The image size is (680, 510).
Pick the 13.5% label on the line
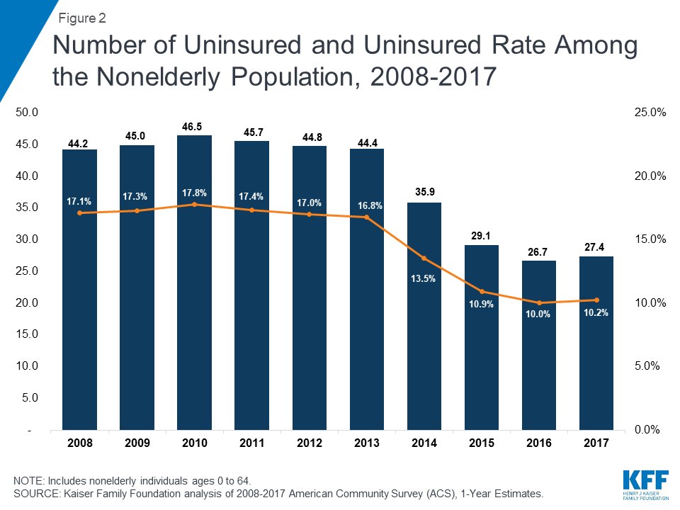[424, 279]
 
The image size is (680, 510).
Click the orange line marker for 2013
[366, 217]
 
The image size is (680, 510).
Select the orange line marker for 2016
[538, 303]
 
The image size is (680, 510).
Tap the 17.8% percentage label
[194, 193]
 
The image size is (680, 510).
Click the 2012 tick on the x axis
[309, 443]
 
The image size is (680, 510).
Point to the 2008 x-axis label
[79, 443]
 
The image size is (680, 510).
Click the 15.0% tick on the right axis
[647, 239]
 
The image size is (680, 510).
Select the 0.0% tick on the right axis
[649, 430]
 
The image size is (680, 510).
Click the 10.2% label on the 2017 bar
[596, 312]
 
